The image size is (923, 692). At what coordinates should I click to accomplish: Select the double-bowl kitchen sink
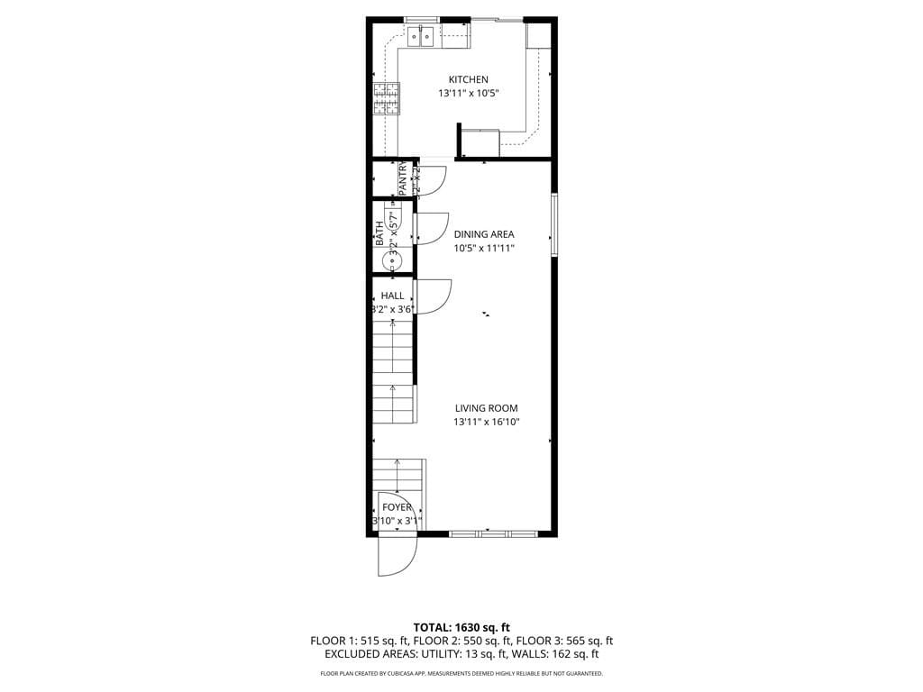click(421, 36)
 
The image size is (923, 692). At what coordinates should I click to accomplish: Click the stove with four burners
click(387, 99)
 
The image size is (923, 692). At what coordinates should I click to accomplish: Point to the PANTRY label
click(403, 178)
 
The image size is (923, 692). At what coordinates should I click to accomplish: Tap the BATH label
click(379, 234)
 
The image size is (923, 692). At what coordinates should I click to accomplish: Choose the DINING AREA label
click(484, 234)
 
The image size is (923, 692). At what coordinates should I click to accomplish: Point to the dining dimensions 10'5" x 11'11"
click(484, 248)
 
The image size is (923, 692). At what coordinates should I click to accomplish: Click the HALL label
click(392, 296)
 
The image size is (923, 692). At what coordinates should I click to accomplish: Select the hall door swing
click(434, 296)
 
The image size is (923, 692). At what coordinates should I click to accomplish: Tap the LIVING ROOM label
click(486, 408)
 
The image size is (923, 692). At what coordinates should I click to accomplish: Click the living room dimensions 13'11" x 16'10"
click(486, 422)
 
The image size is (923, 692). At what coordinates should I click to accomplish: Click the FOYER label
click(397, 507)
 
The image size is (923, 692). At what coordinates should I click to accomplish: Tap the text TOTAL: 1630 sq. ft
click(461, 627)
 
